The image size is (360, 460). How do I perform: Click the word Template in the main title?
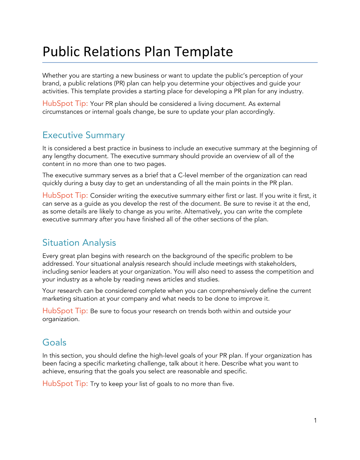(x=203, y=52)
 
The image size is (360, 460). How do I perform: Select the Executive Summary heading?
(x=83, y=135)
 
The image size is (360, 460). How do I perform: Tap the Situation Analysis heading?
(x=79, y=243)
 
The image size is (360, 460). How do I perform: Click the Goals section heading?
(x=54, y=342)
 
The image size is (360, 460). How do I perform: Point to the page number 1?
(x=315, y=420)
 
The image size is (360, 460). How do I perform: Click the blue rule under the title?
(x=180, y=62)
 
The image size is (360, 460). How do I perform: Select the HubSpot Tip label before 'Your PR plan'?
(x=65, y=104)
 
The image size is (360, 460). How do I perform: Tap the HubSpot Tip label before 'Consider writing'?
(x=65, y=195)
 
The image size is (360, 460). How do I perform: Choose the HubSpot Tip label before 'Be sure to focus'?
(x=65, y=311)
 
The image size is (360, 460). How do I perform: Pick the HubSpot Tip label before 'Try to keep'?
(x=65, y=383)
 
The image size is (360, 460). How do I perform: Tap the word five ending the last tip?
(x=228, y=384)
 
